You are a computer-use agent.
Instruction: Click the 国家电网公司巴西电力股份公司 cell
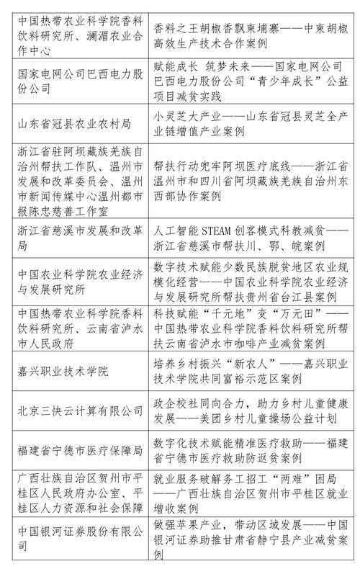[x=76, y=84]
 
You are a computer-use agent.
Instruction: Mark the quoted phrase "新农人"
[x=251, y=365]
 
